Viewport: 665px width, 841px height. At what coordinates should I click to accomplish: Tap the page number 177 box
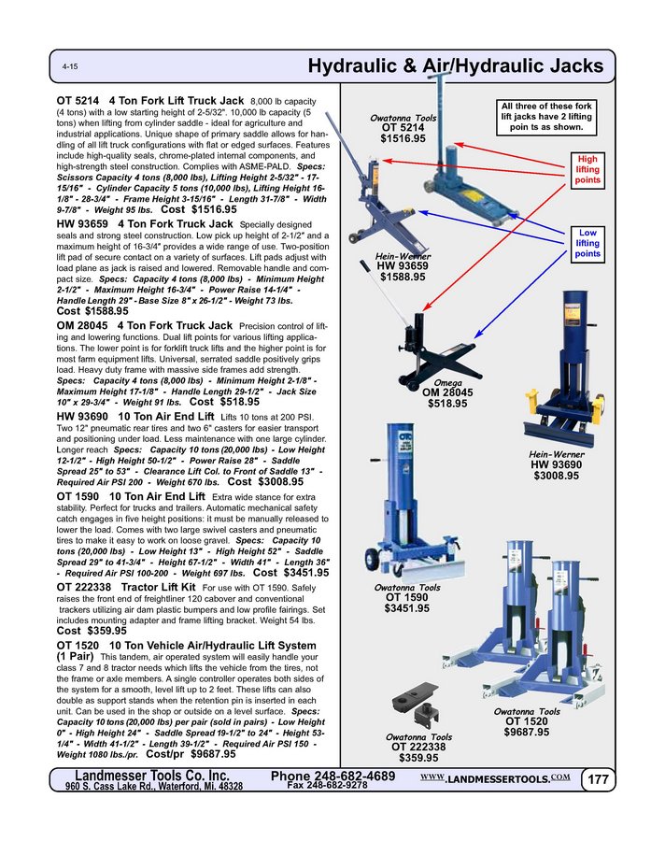599,779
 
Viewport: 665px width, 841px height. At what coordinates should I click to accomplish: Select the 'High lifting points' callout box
587,169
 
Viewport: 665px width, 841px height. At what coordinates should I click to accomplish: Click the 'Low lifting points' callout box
587,243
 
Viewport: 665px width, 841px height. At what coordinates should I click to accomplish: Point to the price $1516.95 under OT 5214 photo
403,138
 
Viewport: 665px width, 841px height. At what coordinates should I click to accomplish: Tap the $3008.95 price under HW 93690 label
556,476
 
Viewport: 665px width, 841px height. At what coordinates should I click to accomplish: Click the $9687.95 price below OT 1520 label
528,733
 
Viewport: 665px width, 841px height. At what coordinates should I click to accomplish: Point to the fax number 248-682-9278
326,786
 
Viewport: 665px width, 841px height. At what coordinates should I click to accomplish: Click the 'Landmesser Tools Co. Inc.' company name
152,776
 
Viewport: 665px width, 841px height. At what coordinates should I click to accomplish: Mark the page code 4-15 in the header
70,69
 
